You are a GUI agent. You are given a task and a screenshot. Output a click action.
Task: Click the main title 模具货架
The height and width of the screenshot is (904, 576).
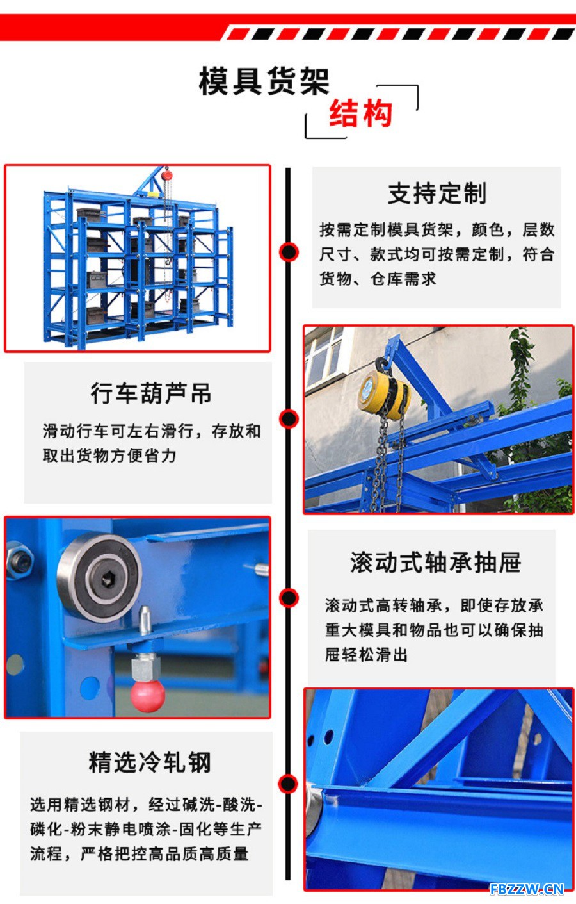[264, 81]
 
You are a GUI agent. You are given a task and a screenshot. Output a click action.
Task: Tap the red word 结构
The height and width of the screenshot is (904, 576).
[361, 113]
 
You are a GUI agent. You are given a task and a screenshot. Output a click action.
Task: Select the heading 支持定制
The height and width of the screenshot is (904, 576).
[437, 193]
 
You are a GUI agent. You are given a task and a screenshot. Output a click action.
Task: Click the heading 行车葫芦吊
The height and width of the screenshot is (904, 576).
[151, 393]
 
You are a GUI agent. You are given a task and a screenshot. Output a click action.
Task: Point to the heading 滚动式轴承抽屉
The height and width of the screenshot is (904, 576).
[435, 563]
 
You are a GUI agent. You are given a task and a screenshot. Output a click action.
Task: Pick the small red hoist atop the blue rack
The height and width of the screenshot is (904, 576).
[167, 176]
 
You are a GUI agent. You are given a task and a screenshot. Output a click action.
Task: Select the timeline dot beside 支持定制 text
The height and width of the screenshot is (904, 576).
[289, 252]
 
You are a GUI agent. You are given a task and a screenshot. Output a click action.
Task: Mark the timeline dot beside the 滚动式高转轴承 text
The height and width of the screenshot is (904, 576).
[289, 598]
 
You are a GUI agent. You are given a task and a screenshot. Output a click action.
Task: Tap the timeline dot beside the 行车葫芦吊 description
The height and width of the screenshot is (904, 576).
[289, 418]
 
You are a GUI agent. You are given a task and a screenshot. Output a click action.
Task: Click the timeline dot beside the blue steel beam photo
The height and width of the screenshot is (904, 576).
[288, 784]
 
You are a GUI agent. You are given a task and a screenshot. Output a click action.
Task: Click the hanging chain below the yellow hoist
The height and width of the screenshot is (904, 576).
[389, 460]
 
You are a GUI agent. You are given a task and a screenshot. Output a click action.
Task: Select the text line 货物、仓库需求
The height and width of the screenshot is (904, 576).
[378, 279]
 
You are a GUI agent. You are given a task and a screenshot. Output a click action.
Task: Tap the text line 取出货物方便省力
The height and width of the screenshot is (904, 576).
[109, 456]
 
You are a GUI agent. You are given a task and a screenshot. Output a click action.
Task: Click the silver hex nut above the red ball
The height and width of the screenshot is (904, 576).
[145, 667]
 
